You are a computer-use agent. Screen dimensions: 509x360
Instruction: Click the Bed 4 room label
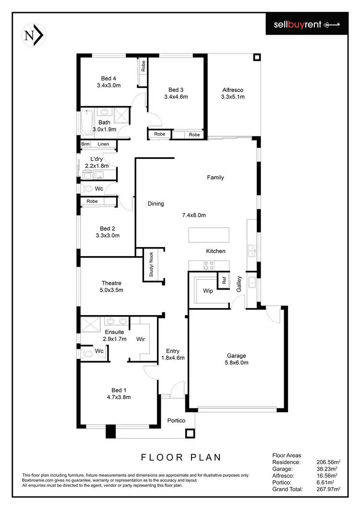coord(108,79)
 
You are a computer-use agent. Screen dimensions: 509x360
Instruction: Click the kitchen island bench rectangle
coord(209,235)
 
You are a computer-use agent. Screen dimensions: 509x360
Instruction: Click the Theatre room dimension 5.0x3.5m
coord(112,290)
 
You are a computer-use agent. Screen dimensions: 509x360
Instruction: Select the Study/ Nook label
coord(151,264)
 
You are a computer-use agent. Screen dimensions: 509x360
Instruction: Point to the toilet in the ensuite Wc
coord(86,354)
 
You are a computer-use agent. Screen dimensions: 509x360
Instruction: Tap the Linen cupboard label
coord(103,144)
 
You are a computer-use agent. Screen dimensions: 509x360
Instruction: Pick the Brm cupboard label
coord(85,144)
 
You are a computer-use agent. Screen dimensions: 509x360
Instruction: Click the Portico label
coord(176,421)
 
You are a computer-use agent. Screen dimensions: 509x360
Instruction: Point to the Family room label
coord(216,178)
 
